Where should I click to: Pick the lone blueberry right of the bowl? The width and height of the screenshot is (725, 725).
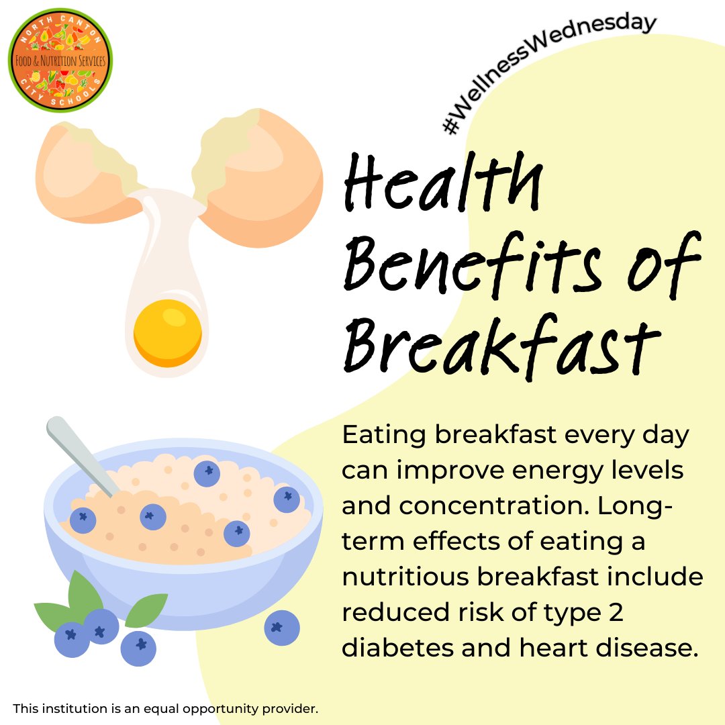click(282, 628)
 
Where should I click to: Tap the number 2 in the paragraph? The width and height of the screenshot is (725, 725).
click(616, 612)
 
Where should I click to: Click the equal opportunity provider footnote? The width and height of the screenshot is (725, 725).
click(165, 708)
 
